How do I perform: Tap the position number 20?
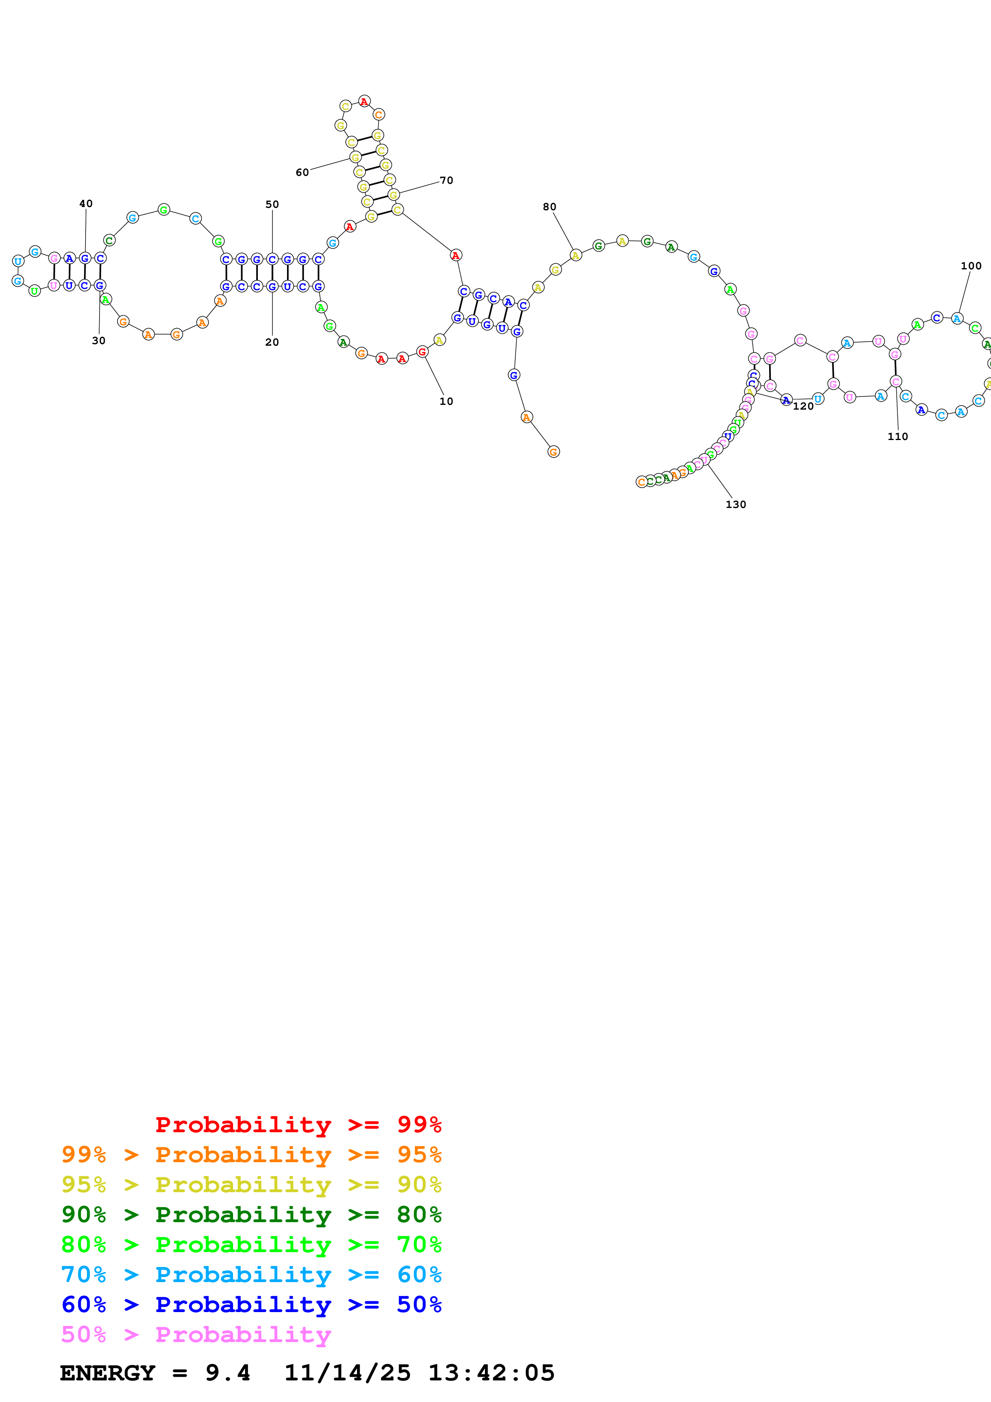(272, 342)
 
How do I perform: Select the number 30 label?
(98, 341)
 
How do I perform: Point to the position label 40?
(86, 203)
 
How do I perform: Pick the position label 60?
(302, 172)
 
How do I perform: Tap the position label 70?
(447, 180)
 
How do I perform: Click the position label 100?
(971, 266)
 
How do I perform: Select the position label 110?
(897, 436)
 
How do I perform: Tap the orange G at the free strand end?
(553, 452)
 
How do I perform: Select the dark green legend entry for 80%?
(251, 1215)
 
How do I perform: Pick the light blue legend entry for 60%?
(251, 1275)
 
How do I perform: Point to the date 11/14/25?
(347, 1373)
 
